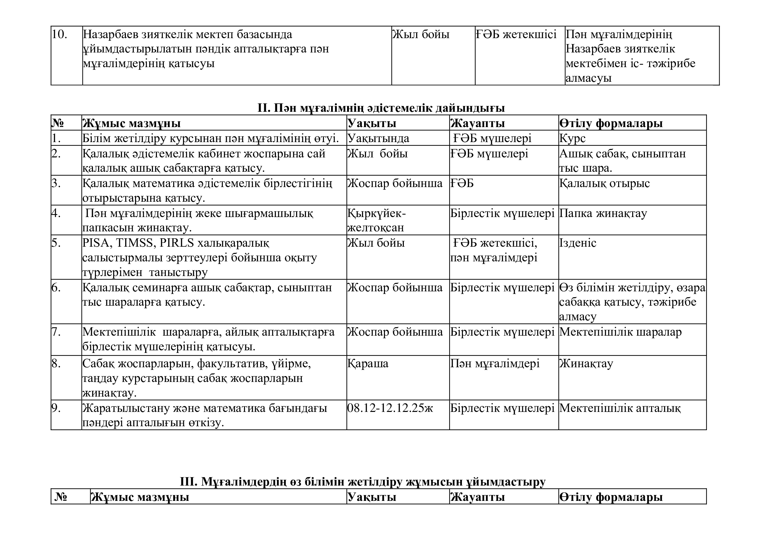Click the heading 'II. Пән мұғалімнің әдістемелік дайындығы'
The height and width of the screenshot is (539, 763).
pos(381,108)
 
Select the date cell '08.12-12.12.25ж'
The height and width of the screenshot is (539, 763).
pos(390,408)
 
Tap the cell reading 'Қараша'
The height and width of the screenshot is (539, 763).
pos(368,363)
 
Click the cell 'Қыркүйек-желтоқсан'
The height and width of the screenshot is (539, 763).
pos(376,220)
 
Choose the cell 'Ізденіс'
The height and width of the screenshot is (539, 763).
pos(578,243)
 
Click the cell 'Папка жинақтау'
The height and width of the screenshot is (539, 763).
pos(603,213)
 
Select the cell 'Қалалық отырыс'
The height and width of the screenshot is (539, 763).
pos(604,183)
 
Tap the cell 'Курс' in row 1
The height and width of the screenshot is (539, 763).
pos(572,138)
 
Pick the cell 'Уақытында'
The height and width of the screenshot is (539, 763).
pos(378,138)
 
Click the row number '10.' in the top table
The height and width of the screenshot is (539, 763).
pos(59,35)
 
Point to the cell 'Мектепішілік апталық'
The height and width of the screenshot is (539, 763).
pos(620,408)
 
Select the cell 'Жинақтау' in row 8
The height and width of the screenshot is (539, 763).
pos(586,363)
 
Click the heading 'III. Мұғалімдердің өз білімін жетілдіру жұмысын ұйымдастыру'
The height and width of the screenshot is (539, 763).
pos(362,482)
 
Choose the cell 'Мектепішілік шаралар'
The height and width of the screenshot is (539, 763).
pos(620,332)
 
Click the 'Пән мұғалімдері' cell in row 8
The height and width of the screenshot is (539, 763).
pos(495,363)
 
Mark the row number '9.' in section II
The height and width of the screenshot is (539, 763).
pos(56,408)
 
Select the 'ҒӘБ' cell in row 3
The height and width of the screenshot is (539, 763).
pos(462,183)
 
